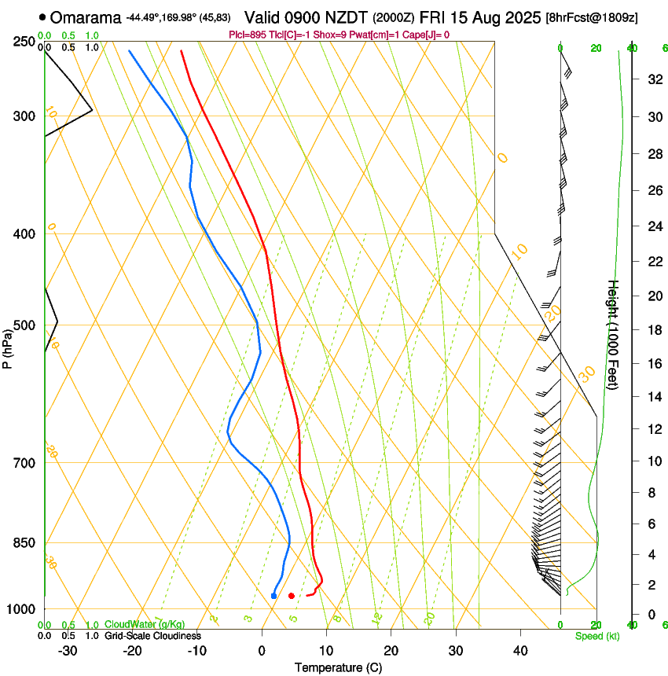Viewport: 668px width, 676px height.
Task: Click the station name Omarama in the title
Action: coord(87,17)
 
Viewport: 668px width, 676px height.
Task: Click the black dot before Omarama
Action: coord(42,17)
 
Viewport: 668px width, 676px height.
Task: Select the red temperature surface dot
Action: coord(292,596)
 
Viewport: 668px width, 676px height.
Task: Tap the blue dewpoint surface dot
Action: coord(273,596)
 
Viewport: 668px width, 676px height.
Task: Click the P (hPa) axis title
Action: coord(8,345)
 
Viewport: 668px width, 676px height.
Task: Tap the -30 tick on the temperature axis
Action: coord(68,651)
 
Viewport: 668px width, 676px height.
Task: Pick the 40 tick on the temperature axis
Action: coord(519,651)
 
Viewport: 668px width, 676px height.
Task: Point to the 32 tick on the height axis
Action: coord(653,79)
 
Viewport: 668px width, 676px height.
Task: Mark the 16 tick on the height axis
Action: coord(653,364)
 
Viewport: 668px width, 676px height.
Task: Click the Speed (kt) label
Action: coord(596,636)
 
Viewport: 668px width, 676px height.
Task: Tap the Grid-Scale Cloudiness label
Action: coord(152,636)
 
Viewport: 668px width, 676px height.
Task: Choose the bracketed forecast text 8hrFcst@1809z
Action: coord(591,17)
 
